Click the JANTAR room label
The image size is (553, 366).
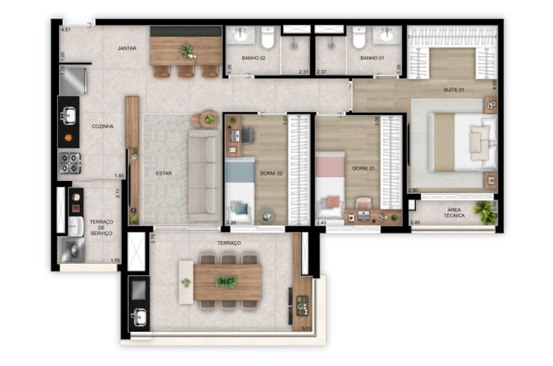coord(127,49)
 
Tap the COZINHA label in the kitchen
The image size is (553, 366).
coord(102,127)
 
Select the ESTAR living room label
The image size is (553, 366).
coord(164,174)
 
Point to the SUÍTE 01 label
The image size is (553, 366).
coord(453,90)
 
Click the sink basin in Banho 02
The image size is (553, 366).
coord(240,35)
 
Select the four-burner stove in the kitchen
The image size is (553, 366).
coord(70,163)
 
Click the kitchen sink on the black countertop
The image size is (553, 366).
coord(69,116)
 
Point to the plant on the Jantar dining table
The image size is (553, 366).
coord(187,51)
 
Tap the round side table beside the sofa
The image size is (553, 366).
coord(209,119)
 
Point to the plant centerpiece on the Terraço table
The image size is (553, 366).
coord(226,281)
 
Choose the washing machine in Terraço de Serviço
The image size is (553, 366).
coord(71,250)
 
